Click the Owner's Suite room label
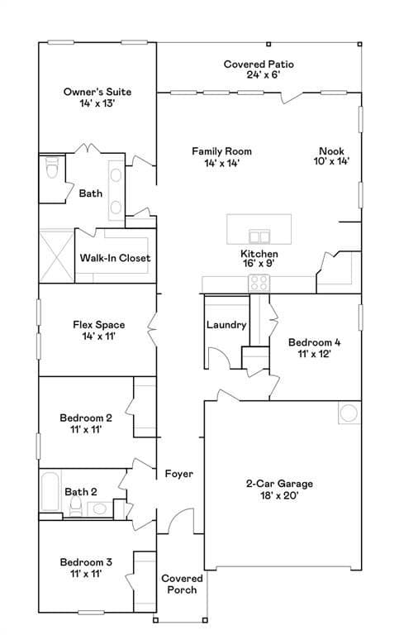(x=97, y=92)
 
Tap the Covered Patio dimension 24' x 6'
(x=264, y=75)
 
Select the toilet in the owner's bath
(x=52, y=167)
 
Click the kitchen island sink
(x=259, y=236)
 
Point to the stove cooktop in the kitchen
(x=259, y=283)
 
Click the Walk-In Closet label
(x=116, y=258)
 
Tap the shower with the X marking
(x=57, y=256)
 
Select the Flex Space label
(x=99, y=325)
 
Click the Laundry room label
(x=226, y=325)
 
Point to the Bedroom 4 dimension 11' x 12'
(x=315, y=354)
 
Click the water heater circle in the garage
(x=349, y=413)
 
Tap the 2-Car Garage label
(x=279, y=484)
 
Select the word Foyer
(x=179, y=474)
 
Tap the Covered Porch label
(x=182, y=584)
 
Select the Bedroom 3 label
(x=86, y=562)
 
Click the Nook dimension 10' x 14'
(x=331, y=161)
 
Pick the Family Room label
(x=221, y=151)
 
